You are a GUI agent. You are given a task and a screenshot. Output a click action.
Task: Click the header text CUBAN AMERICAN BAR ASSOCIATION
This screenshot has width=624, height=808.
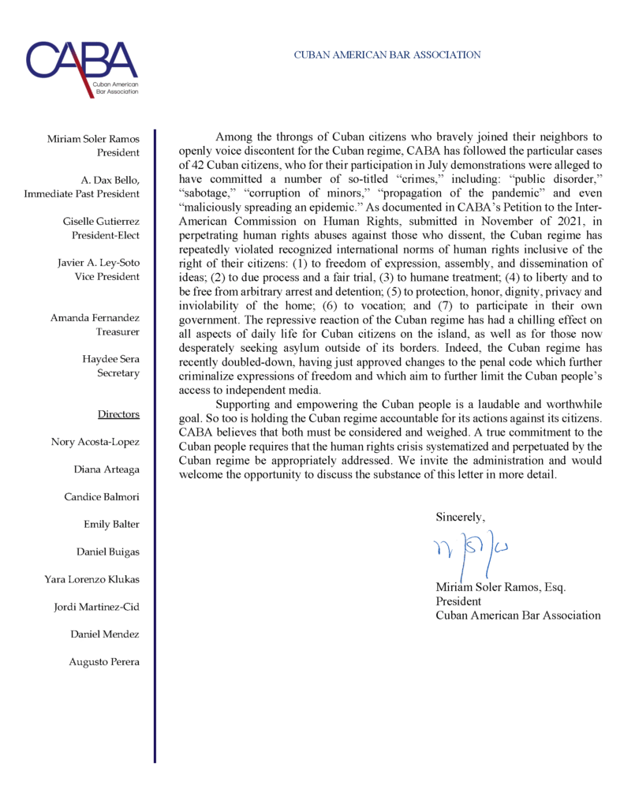click(x=387, y=55)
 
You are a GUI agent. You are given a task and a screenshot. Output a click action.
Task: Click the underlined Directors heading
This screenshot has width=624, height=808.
click(x=118, y=413)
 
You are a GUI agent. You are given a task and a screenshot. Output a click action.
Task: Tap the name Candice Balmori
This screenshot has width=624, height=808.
click(x=102, y=497)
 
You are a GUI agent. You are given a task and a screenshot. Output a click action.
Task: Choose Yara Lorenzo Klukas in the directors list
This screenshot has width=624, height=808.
click(x=92, y=579)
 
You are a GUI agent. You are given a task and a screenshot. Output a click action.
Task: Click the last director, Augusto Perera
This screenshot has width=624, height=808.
click(x=104, y=661)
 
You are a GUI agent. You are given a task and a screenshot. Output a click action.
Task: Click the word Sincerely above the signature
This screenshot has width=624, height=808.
click(x=461, y=517)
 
